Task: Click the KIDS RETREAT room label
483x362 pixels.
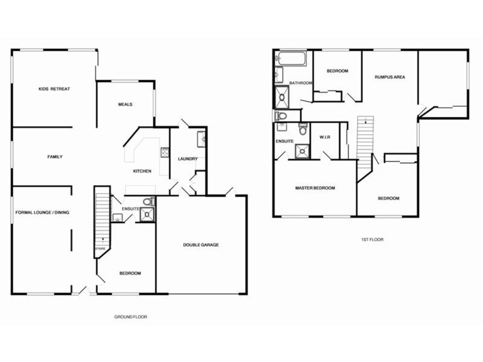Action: pos(54,89)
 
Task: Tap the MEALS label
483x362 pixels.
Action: pos(125,104)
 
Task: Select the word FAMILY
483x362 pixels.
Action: pos(55,157)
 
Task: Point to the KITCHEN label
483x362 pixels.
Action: pos(142,171)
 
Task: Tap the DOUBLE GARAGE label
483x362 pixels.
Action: pos(201,245)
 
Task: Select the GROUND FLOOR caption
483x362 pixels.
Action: pos(130,316)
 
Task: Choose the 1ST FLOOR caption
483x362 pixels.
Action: pos(372,240)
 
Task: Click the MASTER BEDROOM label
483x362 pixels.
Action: pos(315,188)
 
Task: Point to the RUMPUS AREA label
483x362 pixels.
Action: pos(389,77)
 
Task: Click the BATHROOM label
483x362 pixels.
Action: pos(300,83)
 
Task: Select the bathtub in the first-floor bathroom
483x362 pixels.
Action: pos(292,59)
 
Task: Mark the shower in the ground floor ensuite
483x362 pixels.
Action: pos(148,214)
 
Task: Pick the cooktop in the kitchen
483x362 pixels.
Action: pos(163,153)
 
